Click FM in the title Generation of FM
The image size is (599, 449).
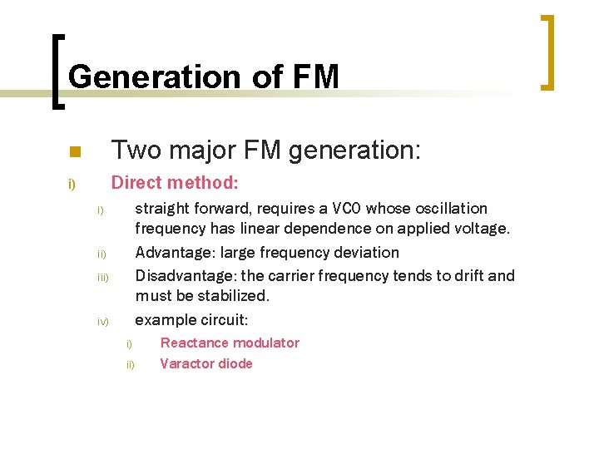316,76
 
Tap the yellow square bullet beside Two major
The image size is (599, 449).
74,152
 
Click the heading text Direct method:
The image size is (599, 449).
175,182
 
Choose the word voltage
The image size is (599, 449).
481,228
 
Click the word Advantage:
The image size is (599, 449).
170,252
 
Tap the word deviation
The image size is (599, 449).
364,252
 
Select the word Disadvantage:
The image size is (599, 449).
186,275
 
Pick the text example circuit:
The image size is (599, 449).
191,320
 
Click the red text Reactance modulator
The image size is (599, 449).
230,343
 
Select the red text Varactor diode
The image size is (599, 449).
205,363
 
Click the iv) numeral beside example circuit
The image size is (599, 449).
103,322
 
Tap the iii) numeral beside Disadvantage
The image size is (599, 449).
103,277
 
